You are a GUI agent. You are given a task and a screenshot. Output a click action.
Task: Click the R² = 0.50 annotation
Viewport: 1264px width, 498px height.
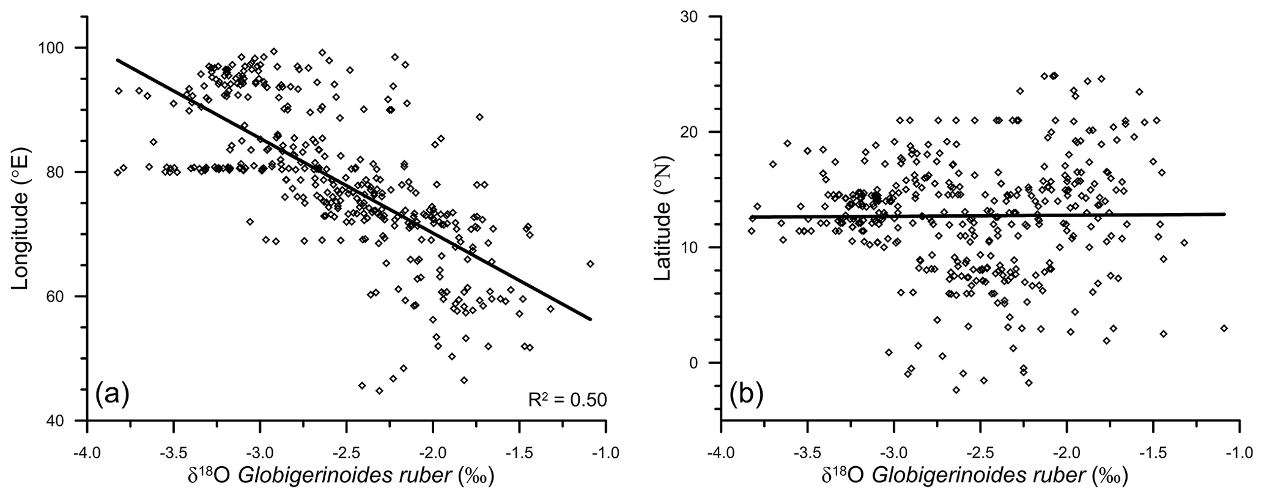567,400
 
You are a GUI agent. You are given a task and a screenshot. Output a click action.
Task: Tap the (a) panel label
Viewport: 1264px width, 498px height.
112,395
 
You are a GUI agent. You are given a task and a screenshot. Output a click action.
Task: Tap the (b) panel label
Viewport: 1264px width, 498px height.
746,395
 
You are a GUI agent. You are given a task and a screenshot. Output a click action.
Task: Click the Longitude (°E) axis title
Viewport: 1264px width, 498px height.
23,220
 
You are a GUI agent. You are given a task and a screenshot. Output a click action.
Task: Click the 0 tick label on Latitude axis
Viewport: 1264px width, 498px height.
706,363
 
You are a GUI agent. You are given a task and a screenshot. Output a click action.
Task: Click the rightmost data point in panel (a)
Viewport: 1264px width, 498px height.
590,264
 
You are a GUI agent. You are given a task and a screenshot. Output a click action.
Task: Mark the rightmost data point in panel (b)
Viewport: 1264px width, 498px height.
1224,329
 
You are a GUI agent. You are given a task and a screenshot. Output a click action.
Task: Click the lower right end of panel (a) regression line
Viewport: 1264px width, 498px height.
591,319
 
